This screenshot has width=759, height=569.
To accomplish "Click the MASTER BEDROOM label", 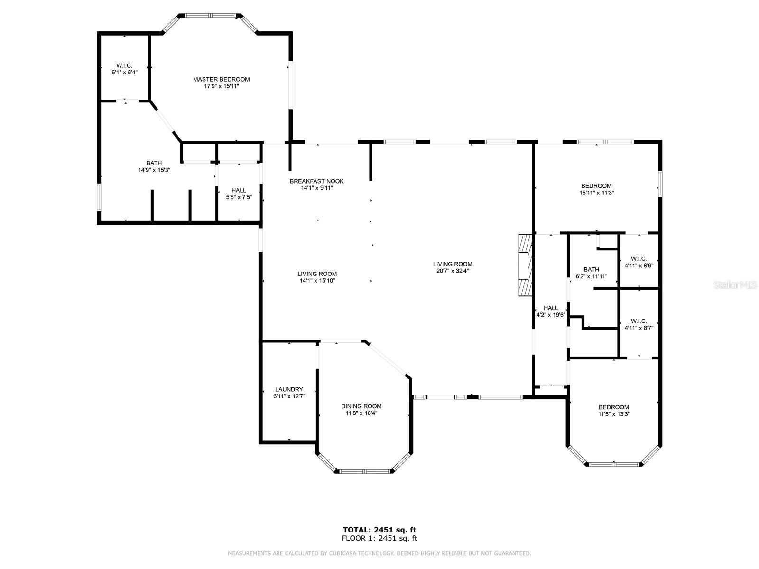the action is point(221,79).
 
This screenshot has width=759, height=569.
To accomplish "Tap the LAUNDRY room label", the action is point(289,389).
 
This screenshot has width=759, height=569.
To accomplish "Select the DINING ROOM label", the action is point(361,406).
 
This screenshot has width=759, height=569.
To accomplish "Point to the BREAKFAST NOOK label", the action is point(316,181).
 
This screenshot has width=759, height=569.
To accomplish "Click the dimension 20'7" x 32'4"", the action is point(452,271).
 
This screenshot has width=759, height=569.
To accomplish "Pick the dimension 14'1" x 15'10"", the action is point(317,281).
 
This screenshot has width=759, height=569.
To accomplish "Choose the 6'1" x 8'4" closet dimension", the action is point(124,72).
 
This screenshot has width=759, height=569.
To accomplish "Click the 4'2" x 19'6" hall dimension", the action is point(550,315).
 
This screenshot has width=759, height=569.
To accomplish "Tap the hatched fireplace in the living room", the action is point(525,265).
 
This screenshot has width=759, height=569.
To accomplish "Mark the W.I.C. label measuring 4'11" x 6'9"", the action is point(639,259).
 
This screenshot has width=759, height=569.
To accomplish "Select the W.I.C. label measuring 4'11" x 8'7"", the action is point(639,321).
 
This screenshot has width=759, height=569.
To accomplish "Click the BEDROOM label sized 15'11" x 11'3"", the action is point(596,185).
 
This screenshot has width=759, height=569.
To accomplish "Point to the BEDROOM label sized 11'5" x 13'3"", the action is point(614,407).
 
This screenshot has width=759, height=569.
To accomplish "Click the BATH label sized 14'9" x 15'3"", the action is point(154,163).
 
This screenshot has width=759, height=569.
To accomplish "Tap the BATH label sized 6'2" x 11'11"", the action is point(591,269).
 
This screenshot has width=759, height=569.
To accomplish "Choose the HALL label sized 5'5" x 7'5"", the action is point(239,190).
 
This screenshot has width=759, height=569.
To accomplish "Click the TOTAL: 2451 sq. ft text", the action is point(379,530).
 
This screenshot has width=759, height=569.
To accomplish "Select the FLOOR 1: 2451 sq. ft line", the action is point(379,538).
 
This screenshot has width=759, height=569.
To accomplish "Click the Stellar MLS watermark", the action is point(735,284).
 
